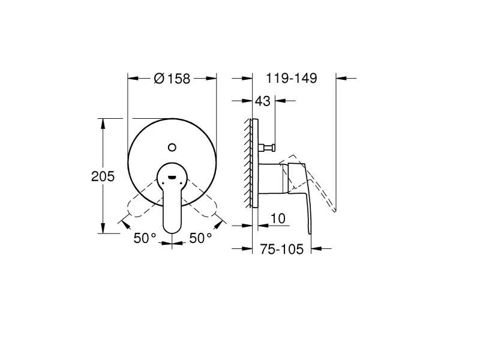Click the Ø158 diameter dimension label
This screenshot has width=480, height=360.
[172, 79]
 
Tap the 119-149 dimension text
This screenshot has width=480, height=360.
[292, 79]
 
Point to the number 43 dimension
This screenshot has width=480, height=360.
[263, 101]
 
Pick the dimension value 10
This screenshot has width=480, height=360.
[277, 218]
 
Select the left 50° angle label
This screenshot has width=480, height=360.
[145, 238]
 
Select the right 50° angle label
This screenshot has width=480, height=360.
[200, 238]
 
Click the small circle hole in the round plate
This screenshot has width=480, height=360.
[172, 146]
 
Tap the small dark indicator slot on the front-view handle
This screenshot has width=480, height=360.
[172, 178]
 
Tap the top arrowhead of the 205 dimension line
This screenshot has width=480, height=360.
[103, 122]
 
